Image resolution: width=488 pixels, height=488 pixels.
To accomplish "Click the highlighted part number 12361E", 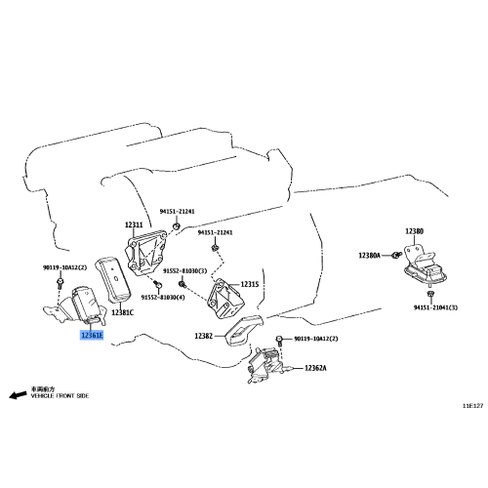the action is pos(92,335).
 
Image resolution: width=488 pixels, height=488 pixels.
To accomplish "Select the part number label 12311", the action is pos(134,224).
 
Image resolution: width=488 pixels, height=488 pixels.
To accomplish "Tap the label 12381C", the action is pos(122,312).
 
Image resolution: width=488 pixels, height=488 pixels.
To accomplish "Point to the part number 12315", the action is pos(250,284).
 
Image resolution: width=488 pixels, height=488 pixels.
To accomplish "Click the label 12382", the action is pos(204,336).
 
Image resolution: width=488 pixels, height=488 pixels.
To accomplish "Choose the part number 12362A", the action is pos(315,368).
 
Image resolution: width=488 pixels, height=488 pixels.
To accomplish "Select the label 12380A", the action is pos(369,256).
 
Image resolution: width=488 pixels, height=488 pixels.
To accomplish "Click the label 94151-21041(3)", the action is pos(435,307).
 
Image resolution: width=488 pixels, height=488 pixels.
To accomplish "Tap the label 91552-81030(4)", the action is pos(163,298).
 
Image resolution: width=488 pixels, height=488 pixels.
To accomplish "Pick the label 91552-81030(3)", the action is pos(184,271).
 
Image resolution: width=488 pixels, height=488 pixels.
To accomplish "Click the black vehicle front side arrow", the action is pos(18,395).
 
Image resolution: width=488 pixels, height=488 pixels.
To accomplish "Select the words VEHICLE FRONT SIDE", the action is pos(60,396).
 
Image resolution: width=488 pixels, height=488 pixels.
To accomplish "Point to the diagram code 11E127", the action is pos(473,406).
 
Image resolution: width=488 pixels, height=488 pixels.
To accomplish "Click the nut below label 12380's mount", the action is pos(430,294).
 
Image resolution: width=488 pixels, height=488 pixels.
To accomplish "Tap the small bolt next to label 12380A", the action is pos(396,255).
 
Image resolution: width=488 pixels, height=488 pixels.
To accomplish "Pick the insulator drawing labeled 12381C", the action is pos(113,279).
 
